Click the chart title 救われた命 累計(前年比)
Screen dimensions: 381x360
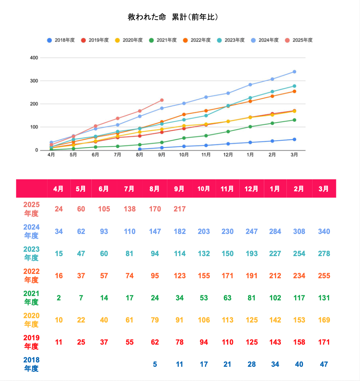173,17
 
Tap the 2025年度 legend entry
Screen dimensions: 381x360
299,40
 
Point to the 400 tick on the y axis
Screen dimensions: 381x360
34,58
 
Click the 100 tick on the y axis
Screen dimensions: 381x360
34,127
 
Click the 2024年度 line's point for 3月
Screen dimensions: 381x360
294,72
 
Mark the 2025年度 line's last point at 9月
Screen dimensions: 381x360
162,100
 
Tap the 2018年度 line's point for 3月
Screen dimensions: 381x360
294,140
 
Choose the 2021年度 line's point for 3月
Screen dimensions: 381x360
294,120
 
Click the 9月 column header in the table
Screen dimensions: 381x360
179,189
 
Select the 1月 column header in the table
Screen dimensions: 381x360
275,189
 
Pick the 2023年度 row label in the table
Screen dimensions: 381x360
31,253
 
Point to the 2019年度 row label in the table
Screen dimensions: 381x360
31,342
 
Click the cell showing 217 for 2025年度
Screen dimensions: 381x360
180,209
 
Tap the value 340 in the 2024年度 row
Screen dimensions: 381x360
324,231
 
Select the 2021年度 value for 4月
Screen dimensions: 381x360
59,298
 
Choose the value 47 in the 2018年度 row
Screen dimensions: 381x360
324,364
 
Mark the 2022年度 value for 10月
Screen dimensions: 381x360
204,275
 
